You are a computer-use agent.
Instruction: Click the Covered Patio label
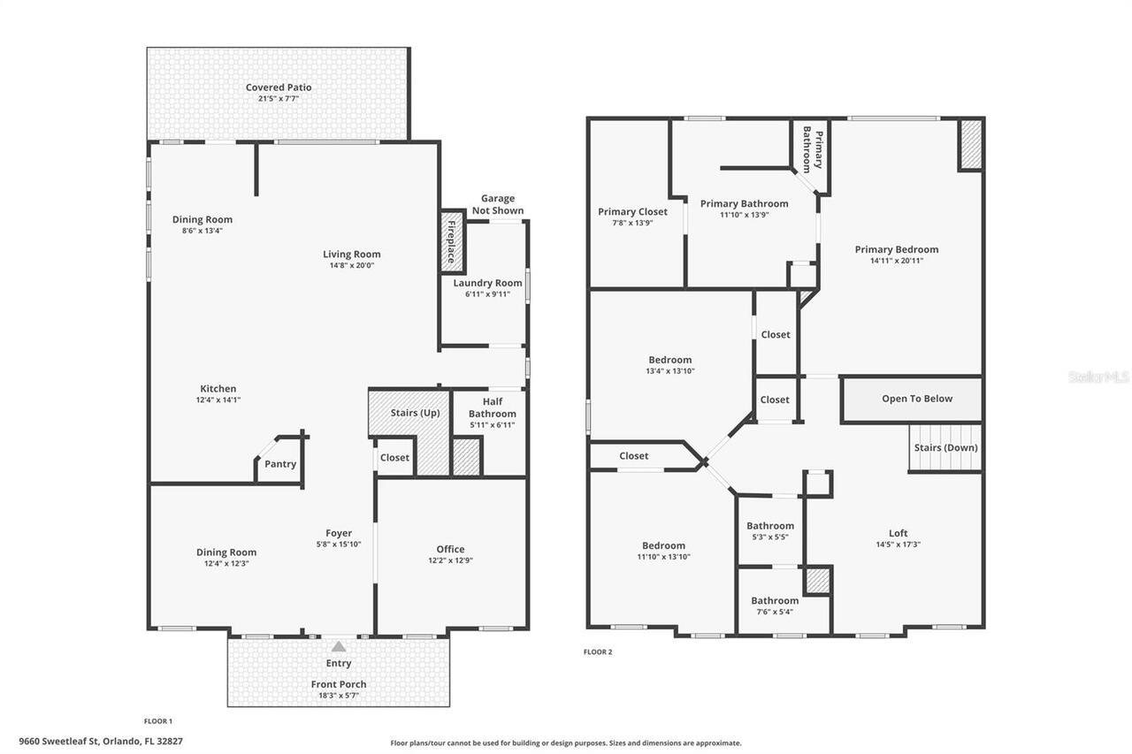pyautogui.click(x=279, y=88)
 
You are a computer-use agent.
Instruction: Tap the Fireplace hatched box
pyautogui.click(x=452, y=240)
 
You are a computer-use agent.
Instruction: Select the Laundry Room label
pyautogui.click(x=487, y=283)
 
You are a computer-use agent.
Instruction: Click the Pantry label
pyautogui.click(x=280, y=464)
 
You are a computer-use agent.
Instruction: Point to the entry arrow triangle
pyautogui.click(x=339, y=646)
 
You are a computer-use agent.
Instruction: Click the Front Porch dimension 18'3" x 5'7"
pyautogui.click(x=339, y=696)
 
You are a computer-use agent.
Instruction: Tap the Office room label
pyautogui.click(x=450, y=549)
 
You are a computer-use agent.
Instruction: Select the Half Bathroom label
pyautogui.click(x=493, y=407)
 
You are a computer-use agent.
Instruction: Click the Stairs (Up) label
pyautogui.click(x=415, y=413)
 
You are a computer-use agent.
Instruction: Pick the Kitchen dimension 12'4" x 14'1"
pyautogui.click(x=218, y=400)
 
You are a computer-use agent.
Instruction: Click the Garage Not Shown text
pyautogui.click(x=498, y=204)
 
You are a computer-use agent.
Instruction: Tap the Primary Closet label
pyautogui.click(x=632, y=211)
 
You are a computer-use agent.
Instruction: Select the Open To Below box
pyautogui.click(x=916, y=399)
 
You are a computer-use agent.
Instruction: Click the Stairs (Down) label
pyautogui.click(x=945, y=447)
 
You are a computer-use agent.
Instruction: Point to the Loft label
pyautogui.click(x=898, y=533)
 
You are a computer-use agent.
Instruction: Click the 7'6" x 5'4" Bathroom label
pyautogui.click(x=775, y=601)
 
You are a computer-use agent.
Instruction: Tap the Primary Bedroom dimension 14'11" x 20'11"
pyautogui.click(x=896, y=261)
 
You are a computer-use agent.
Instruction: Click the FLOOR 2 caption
pyautogui.click(x=598, y=652)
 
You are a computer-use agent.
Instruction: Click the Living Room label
pyautogui.click(x=351, y=255)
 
